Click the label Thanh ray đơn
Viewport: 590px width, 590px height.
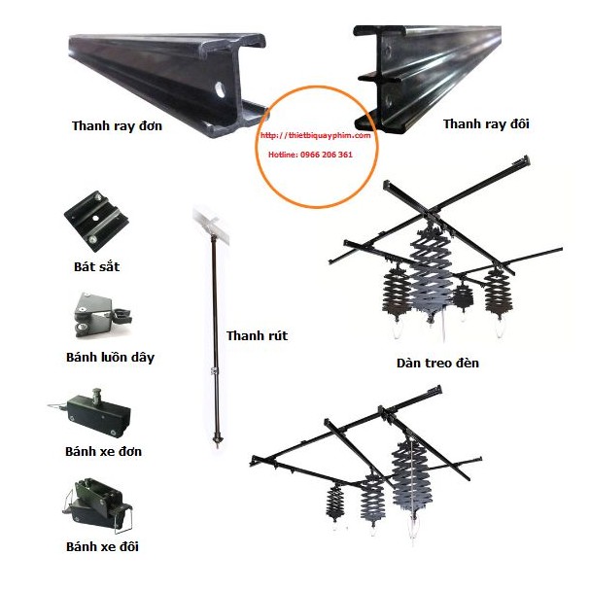pos(117,125)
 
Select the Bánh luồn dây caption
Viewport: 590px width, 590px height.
pos(110,357)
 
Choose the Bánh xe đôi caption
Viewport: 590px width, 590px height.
pos(102,546)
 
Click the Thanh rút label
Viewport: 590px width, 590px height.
pos(257,336)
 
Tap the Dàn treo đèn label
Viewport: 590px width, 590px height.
pos(437,364)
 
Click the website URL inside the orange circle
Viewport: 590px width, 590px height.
pos(317,136)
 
